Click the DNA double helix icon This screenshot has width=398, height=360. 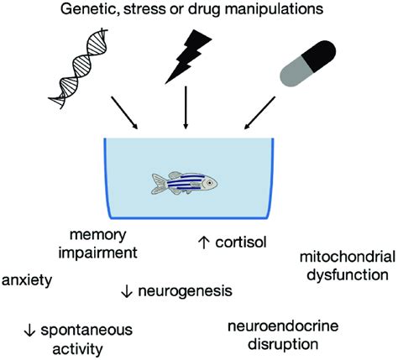pos(78,68)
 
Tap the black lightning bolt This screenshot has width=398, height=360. pos(188,56)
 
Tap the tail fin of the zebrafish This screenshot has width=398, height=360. pos(159,184)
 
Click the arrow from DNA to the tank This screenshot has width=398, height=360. pos(124,112)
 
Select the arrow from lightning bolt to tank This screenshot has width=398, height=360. pos(186,107)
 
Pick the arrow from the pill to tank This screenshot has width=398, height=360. pos(259,113)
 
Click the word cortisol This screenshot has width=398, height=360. pos(241,243)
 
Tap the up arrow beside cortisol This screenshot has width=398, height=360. pos(204,243)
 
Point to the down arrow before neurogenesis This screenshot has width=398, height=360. pos(127,291)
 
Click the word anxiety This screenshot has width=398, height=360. pos(27,280)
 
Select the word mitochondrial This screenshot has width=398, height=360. pos(348,257)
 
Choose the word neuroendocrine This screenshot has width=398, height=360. pos(283,326)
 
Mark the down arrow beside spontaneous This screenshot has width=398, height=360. pos(29,331)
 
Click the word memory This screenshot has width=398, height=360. pos(98,235)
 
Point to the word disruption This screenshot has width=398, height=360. pos(283,344)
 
